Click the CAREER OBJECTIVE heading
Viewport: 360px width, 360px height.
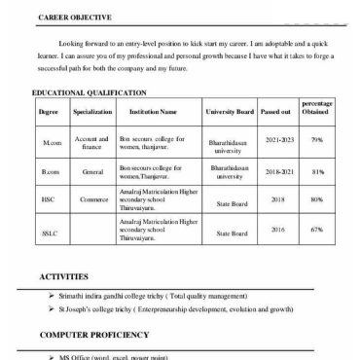tap(75, 18)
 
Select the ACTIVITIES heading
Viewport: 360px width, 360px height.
tap(64, 276)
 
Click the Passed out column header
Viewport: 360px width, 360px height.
tap(275, 139)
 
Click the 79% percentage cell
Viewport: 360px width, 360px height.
tap(316, 167)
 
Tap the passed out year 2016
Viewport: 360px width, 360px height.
tap(278, 257)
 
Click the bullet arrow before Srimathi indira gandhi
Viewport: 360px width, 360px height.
tap(51, 294)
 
